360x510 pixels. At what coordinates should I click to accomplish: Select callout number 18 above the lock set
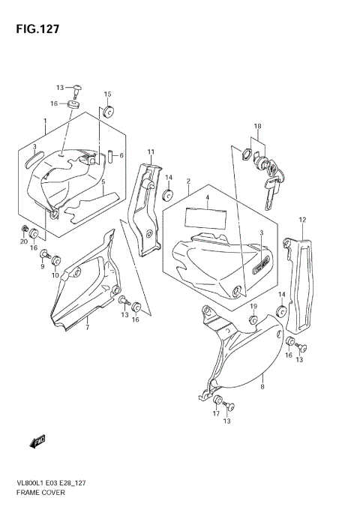(256, 126)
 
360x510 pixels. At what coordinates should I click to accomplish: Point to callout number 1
(45, 121)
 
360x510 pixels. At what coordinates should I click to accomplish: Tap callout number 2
(187, 181)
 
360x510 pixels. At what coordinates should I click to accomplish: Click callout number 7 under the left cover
(87, 328)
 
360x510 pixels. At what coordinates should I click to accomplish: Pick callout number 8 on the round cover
(262, 388)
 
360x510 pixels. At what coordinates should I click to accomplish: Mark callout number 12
(302, 220)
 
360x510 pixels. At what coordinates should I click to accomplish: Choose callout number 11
(150, 153)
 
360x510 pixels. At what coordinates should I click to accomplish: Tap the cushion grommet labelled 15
(107, 113)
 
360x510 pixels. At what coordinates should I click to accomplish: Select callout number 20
(24, 241)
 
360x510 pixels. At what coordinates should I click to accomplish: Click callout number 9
(42, 266)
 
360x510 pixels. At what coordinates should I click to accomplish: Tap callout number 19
(253, 307)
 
